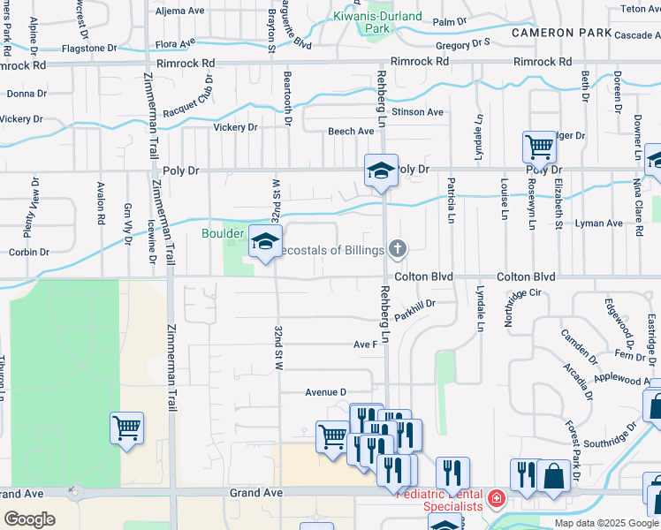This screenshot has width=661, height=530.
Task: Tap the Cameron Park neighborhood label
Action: point(561,33)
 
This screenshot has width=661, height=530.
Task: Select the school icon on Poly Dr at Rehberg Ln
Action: point(381,170)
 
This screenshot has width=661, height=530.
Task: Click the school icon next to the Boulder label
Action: point(264,241)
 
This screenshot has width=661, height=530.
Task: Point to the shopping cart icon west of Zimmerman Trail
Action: point(127,428)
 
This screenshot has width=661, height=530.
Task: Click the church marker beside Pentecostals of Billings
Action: point(398,249)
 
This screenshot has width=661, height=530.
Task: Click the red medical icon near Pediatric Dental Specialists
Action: point(497,500)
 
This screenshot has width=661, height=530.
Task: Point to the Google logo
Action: point(30,519)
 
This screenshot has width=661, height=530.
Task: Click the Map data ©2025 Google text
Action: point(606,523)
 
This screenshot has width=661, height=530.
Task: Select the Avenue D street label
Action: point(326,391)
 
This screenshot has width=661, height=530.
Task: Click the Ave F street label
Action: point(366,344)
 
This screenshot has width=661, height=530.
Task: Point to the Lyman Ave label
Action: point(599,223)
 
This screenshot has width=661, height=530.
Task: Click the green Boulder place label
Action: point(222,233)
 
